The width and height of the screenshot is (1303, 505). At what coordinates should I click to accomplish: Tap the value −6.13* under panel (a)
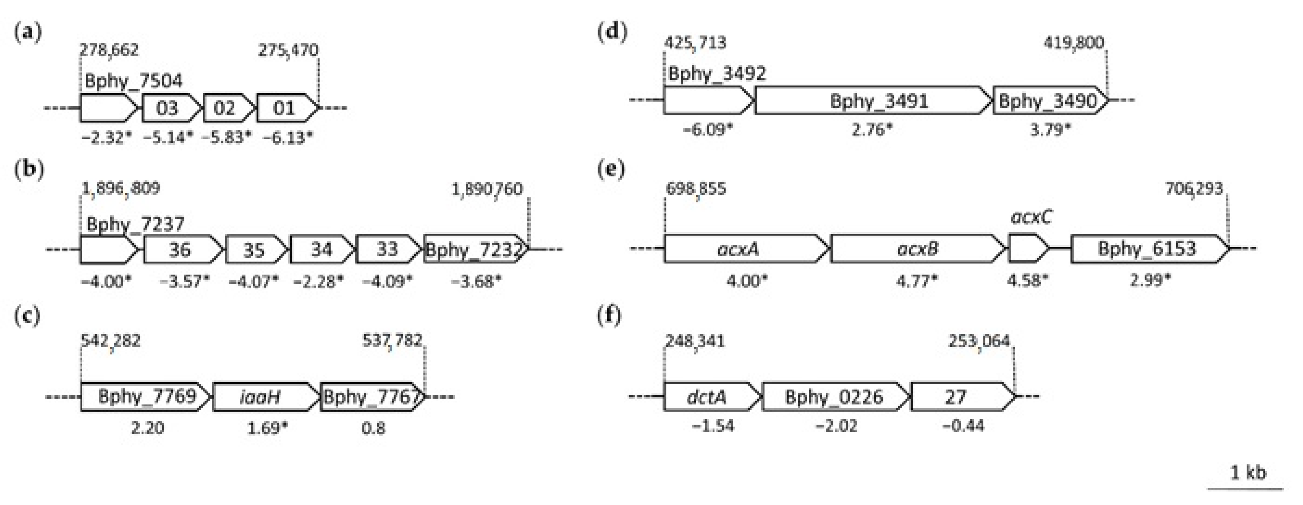[287, 137]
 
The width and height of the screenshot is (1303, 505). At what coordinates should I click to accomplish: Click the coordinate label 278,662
[109, 50]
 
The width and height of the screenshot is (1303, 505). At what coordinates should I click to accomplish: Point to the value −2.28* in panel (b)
[318, 281]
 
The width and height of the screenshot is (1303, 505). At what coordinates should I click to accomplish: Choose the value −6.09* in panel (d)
[707, 130]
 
